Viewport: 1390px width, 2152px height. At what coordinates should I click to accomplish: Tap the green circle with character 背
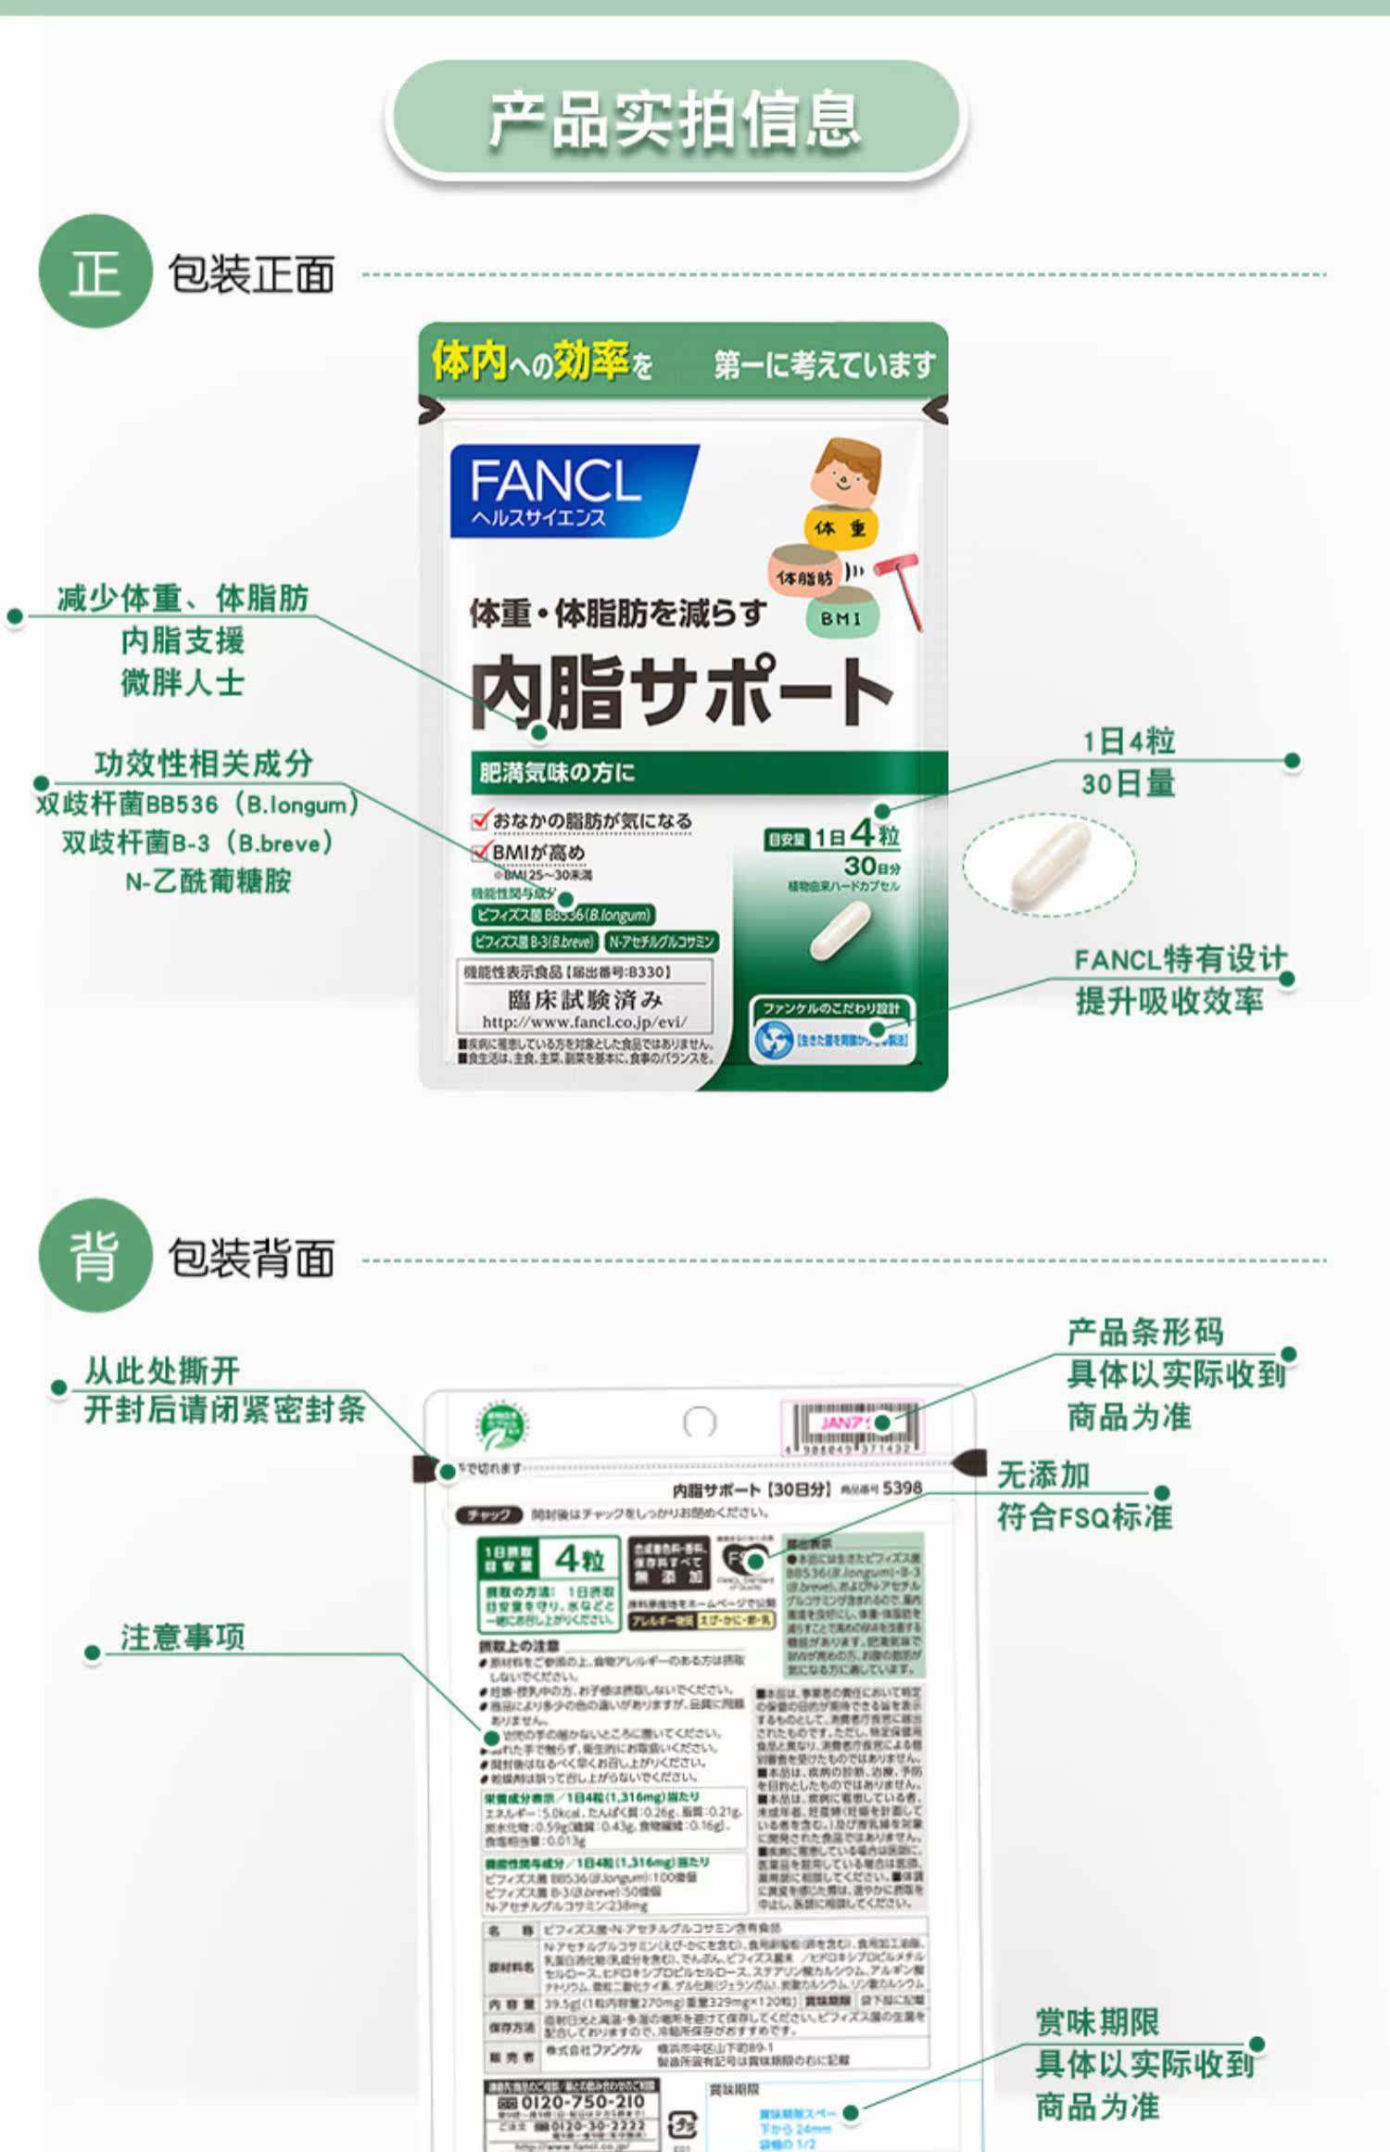click(x=95, y=1256)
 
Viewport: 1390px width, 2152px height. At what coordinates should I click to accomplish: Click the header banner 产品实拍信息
click(x=676, y=120)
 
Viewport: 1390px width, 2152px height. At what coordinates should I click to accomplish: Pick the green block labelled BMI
click(x=840, y=618)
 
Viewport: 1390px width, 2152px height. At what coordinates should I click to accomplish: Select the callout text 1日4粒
click(x=1128, y=741)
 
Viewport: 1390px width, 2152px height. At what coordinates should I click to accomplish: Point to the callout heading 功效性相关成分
click(x=203, y=764)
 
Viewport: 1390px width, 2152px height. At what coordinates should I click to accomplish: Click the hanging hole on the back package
click(x=699, y=1422)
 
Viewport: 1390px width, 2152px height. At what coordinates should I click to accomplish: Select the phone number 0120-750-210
click(x=583, y=2102)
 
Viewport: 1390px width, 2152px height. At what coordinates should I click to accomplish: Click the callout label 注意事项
click(x=183, y=1638)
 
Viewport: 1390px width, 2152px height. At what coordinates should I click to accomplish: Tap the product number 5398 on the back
click(x=902, y=1487)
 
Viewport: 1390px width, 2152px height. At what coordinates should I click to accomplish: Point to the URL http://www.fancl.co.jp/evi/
click(x=584, y=1021)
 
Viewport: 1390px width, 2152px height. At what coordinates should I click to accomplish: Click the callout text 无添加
click(x=1042, y=1475)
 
